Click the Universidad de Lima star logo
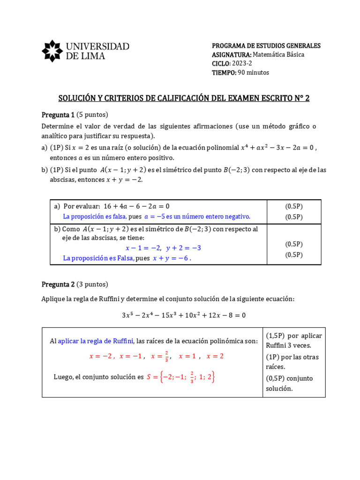click(x=52, y=51)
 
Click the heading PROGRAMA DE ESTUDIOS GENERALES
click(x=266, y=45)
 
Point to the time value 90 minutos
click(x=254, y=72)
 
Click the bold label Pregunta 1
click(x=58, y=114)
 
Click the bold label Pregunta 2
click(x=58, y=284)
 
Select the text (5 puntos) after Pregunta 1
click(x=92, y=114)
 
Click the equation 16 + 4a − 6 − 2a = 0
click(x=136, y=206)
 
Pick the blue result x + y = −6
click(x=172, y=258)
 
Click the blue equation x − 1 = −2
click(x=143, y=248)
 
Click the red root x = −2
click(x=101, y=356)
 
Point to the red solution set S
click(x=181, y=377)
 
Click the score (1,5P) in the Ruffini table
click(x=275, y=336)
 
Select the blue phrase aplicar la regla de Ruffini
click(x=96, y=341)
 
